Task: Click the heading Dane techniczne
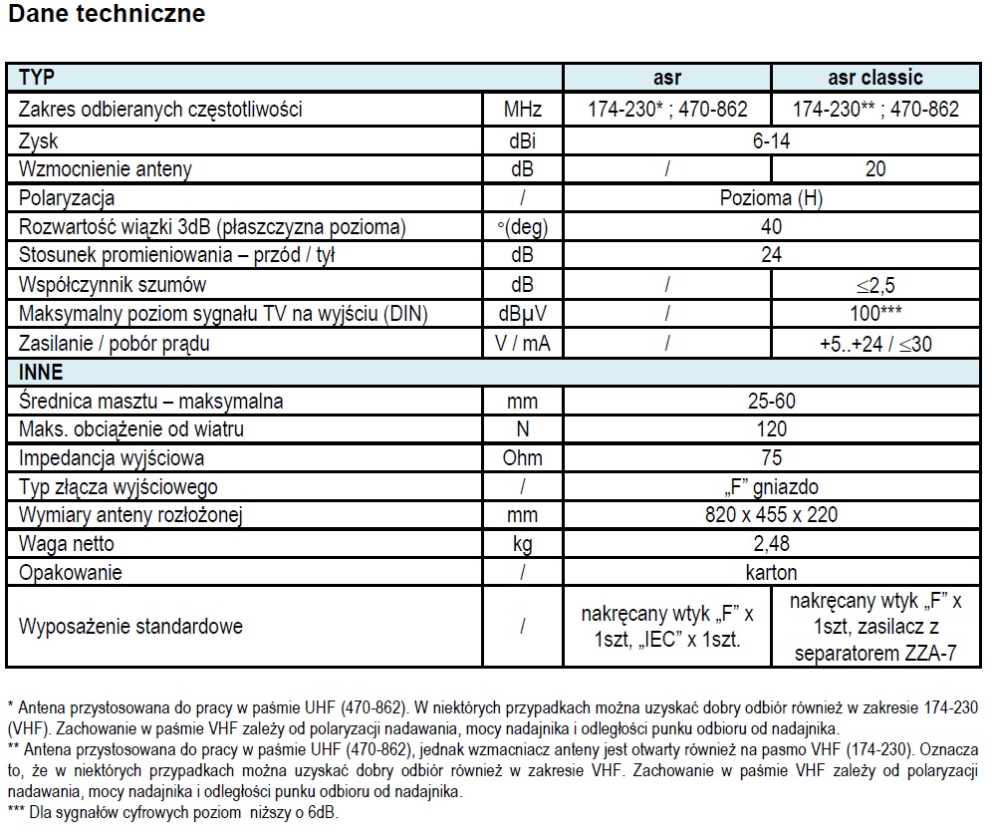pos(106,14)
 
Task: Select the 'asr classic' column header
pos(875,78)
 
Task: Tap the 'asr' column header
pos(667,78)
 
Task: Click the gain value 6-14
pos(771,140)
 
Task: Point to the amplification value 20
pos(875,169)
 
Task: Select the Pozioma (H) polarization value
pos(771,198)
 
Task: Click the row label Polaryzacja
pos(67,198)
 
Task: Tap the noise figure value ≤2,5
pos(875,285)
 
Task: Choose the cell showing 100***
pos(875,314)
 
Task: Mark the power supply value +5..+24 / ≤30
pos(875,344)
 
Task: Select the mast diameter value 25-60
pos(771,402)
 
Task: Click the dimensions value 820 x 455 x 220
pos(771,515)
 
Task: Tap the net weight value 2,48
pos(771,544)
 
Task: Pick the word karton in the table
pos(771,573)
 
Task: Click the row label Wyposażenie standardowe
pos(130,627)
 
